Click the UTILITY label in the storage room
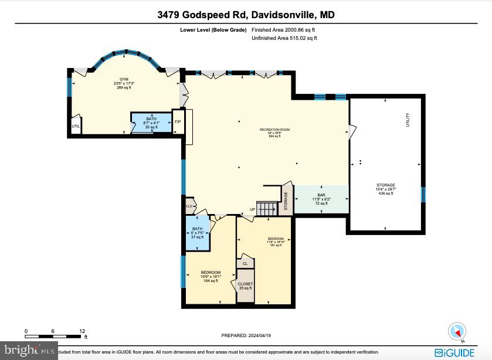coord(407,120)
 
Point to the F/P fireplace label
coord(178,122)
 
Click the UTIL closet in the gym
coord(76,125)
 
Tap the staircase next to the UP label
coord(267,209)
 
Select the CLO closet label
coord(189,206)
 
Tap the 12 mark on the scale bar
coord(82,331)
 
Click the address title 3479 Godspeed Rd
coord(246,15)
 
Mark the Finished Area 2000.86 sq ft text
coord(284,29)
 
